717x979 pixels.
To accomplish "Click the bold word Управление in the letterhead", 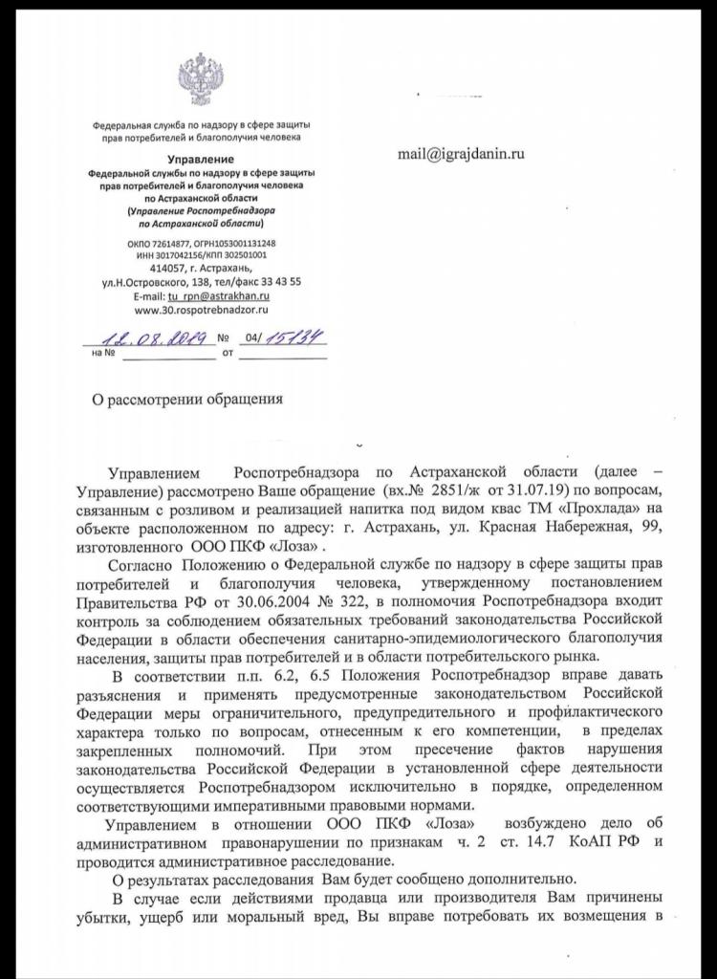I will (200, 158).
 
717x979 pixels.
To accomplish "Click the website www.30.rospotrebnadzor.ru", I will (201, 310).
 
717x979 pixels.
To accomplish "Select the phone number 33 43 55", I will (282, 283).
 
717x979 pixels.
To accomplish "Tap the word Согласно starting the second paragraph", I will (145, 565).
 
